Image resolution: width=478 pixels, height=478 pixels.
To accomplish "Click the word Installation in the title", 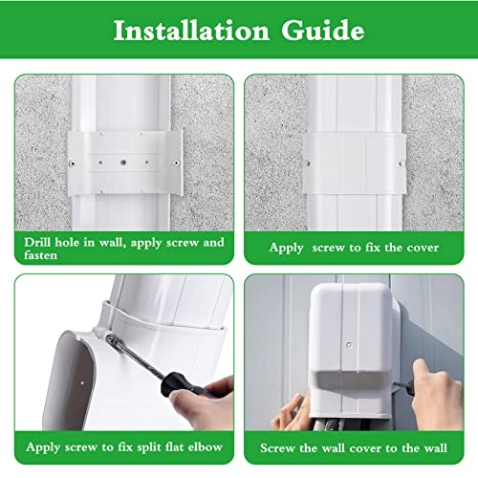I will [x=189, y=31].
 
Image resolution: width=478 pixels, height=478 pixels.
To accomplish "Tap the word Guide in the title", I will [x=319, y=31].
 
